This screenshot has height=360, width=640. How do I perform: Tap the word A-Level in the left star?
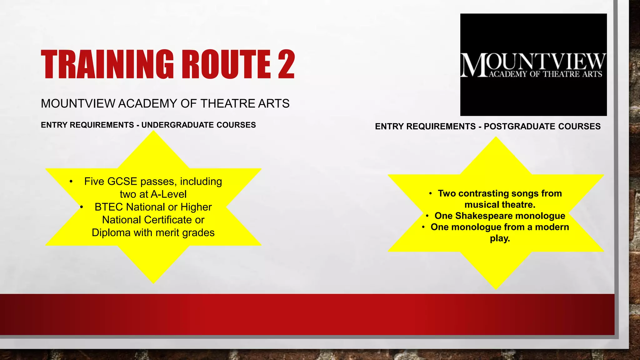tap(169, 194)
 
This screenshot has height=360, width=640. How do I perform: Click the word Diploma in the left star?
tap(111, 233)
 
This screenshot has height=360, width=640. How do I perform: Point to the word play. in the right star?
tap(500, 238)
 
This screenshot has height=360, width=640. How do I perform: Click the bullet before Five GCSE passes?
tap(71, 182)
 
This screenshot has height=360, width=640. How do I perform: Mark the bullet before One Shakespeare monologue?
tap(427, 216)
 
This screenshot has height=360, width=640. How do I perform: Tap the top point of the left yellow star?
tap(153, 132)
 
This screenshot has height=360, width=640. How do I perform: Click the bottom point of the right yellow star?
tap(496, 288)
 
